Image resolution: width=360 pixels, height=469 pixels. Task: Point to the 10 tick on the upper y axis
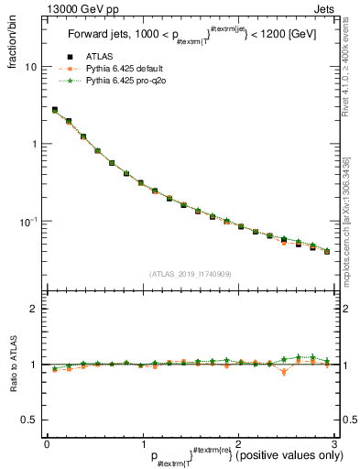pos(30,67)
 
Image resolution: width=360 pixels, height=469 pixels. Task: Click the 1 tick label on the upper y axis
pos(33,144)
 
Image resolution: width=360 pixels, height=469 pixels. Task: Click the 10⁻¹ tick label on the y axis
pos(28,221)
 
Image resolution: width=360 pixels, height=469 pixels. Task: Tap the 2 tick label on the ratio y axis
pos(33,310)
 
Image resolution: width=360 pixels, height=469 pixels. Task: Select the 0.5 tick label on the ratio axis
pos(28,420)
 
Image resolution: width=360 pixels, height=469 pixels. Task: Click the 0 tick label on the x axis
pos(47,443)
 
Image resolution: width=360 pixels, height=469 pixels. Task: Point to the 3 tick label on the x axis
pos(333,443)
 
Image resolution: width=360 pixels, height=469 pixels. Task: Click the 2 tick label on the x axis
pos(238,443)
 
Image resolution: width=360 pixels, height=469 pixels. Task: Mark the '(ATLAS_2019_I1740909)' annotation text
pos(190,274)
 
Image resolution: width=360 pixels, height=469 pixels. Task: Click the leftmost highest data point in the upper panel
pos(54,110)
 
